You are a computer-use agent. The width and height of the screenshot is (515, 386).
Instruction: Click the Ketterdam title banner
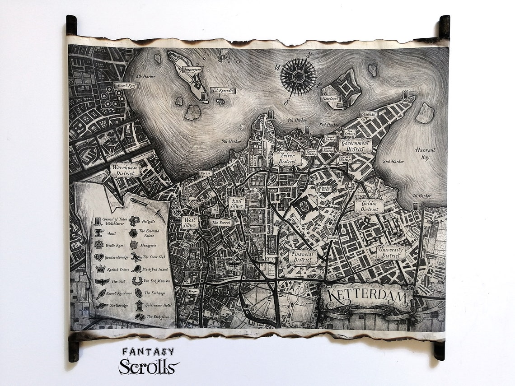367,297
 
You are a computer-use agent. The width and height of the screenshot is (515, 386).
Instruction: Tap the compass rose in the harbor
298,77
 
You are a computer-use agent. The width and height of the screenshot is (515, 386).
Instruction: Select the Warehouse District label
125,170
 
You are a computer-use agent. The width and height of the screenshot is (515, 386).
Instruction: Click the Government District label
356,146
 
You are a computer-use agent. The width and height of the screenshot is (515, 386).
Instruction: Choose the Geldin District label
369,206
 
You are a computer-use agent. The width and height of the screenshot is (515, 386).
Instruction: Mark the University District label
391,253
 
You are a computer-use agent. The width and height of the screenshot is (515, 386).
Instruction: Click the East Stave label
237,203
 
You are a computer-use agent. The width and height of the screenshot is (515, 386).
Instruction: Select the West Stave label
190,222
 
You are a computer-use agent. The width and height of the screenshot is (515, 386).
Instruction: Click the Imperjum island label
192,70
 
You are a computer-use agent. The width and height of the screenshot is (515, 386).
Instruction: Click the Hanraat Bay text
425,153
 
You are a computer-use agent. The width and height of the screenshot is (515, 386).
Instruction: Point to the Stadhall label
368,115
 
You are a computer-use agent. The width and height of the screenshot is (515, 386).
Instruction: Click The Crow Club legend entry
153,257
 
